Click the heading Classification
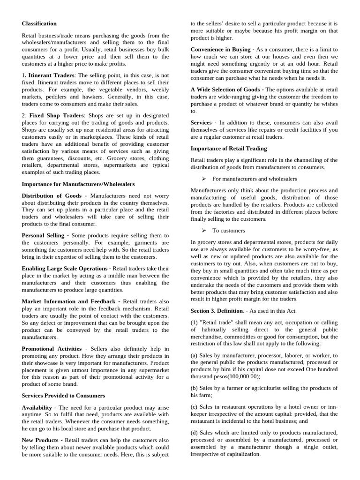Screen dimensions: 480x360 click(39, 23)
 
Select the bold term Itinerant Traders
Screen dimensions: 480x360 click(51, 75)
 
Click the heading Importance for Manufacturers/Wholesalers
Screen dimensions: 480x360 click(78, 184)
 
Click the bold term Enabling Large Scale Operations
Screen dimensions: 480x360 click(64, 268)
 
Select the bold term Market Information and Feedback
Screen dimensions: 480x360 click(68, 301)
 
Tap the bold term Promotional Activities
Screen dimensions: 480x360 click(51, 349)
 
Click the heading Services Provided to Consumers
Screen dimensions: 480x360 click(63, 395)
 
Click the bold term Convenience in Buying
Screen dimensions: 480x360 click(221, 49)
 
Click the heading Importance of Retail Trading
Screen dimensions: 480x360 click(229, 148)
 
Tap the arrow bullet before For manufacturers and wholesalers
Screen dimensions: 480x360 click(204, 179)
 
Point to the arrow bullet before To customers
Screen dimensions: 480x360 click(204, 230)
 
